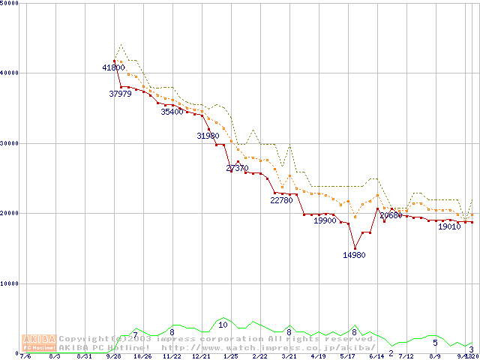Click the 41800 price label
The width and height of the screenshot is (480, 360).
click(113, 67)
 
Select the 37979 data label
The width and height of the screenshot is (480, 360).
click(120, 94)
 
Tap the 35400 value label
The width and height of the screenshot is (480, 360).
click(172, 112)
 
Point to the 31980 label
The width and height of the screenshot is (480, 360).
click(208, 136)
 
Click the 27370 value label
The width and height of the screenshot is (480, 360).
click(237, 168)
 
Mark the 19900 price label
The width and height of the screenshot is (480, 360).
click(325, 220)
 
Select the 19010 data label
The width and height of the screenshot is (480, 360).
click(449, 226)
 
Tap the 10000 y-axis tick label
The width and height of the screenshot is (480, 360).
click(10, 283)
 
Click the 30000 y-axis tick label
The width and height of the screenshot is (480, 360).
click(10, 143)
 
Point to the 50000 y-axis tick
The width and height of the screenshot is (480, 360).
click(10, 4)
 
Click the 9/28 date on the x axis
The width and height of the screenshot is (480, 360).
click(113, 357)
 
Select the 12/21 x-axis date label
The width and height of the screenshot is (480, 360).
click(200, 357)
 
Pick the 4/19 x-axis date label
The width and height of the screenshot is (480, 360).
click(317, 357)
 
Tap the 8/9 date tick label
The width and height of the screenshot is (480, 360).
click(434, 357)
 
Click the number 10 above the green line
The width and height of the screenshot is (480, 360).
click(223, 325)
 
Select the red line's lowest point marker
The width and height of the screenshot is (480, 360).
click(355, 248)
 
